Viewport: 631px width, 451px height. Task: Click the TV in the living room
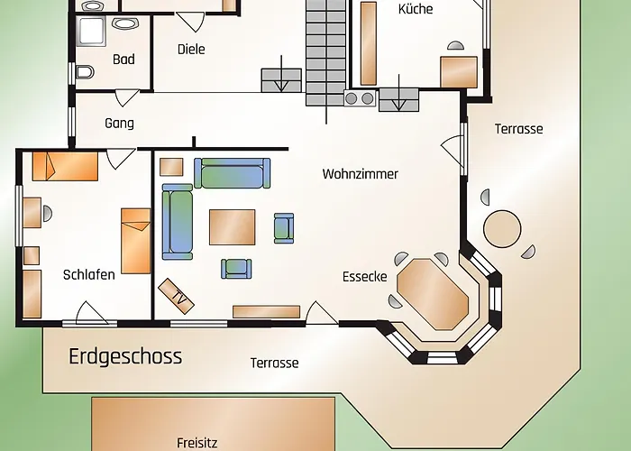click(x=177, y=296)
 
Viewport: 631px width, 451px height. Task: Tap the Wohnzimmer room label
click(x=361, y=174)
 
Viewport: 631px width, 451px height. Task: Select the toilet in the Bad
click(x=85, y=72)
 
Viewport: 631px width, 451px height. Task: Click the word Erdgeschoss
click(x=125, y=357)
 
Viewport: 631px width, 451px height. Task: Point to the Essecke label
click(x=365, y=277)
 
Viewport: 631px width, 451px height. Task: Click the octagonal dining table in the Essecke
click(x=433, y=294)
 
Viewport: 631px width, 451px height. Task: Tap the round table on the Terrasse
click(x=502, y=229)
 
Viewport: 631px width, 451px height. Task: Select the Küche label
click(x=416, y=9)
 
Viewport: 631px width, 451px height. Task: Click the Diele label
click(x=191, y=49)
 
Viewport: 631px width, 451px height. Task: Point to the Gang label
click(x=119, y=124)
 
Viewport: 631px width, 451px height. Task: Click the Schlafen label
click(x=89, y=274)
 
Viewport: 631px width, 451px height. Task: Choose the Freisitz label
click(x=197, y=443)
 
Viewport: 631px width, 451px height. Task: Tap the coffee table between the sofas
click(x=233, y=227)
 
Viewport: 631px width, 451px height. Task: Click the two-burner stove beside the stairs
click(x=360, y=98)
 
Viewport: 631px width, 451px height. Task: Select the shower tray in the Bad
click(x=91, y=30)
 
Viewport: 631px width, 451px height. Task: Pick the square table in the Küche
click(x=459, y=72)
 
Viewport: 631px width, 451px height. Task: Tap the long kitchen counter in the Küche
click(x=368, y=43)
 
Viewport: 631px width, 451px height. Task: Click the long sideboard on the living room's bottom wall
click(x=267, y=312)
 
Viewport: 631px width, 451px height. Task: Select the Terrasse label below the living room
click(x=274, y=363)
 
